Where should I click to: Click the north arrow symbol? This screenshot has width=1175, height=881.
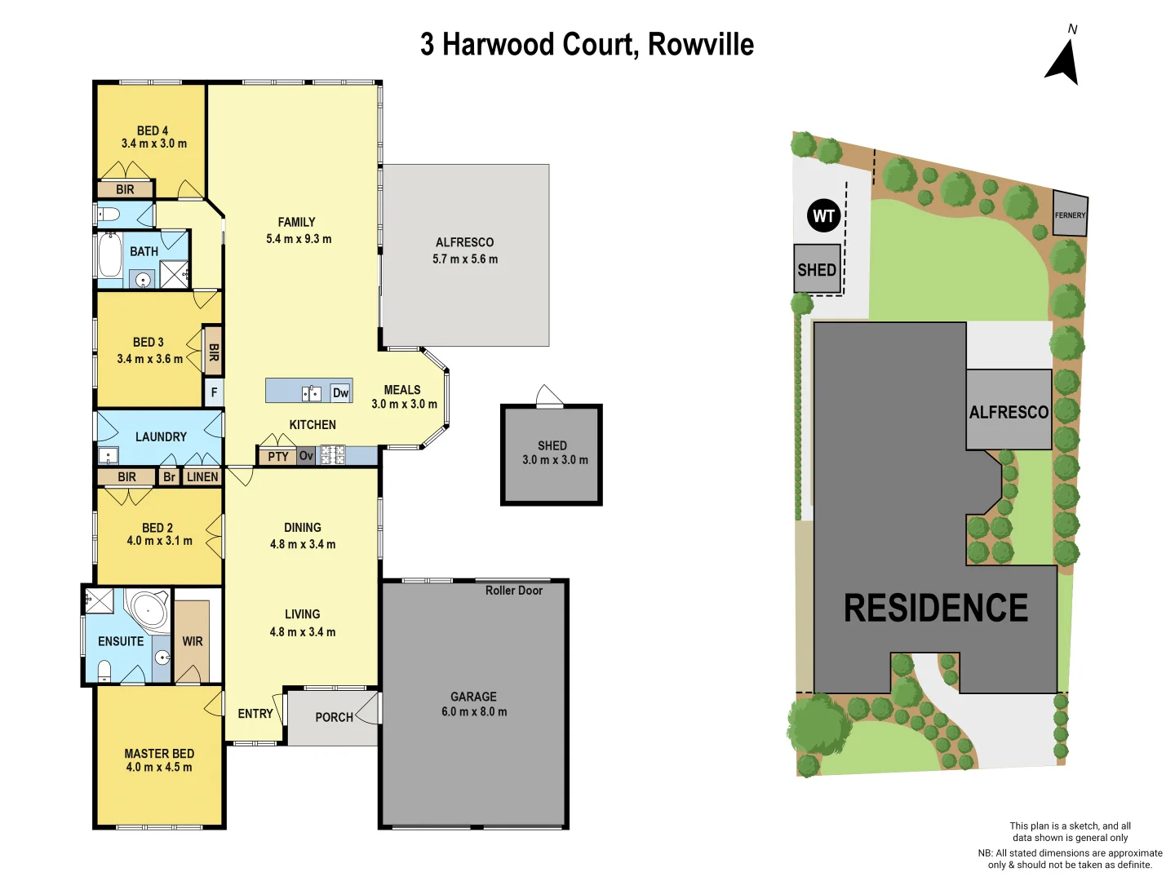tap(1063, 62)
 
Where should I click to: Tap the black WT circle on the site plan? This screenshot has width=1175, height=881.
tap(823, 216)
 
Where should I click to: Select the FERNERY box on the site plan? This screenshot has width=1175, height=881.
tap(1070, 215)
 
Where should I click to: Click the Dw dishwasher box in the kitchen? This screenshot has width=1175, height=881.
tap(340, 393)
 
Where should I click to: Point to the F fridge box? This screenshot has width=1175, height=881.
tap(214, 392)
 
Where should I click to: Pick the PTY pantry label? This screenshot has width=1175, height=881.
tap(278, 457)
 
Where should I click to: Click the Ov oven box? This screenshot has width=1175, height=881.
tap(306, 456)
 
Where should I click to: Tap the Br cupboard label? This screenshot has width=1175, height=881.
tap(169, 477)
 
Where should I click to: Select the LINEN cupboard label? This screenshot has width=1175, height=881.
tap(202, 477)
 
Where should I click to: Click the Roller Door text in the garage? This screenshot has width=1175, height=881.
tap(513, 591)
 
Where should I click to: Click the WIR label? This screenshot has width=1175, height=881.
tap(193, 641)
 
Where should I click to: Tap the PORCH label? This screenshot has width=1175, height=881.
tap(335, 717)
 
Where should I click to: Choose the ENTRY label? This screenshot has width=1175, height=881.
tap(255, 714)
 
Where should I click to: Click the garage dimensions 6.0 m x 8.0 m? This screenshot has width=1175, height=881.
tap(474, 712)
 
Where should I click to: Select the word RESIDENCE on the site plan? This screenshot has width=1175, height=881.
tap(935, 608)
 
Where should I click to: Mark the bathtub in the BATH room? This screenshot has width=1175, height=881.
tap(109, 255)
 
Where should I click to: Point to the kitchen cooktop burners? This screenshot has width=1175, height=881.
tap(332, 455)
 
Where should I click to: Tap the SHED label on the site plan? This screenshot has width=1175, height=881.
tap(817, 269)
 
